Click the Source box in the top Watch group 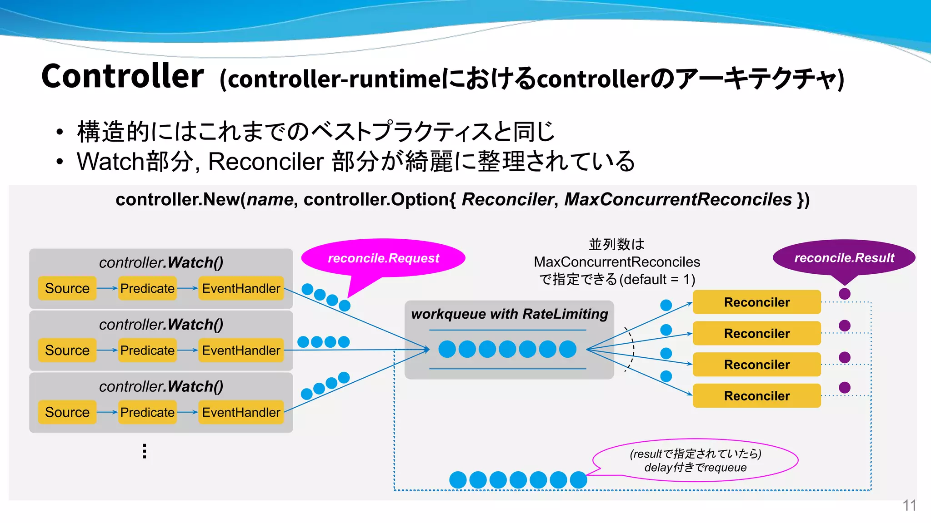pos(67,288)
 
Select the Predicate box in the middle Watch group pos(147,350)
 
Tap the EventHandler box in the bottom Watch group pos(241,412)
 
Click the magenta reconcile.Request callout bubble pos(383,258)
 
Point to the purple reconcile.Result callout pos(844,258)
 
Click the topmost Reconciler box pos(756,302)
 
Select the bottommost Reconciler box pos(756,396)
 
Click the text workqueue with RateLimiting pos(509,314)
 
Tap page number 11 pos(909,505)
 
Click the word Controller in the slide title pos(123,76)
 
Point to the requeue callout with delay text pos(695,460)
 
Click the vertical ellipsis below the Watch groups pos(145,451)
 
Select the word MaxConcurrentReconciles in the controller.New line pos(678,200)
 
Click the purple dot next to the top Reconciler pos(845,294)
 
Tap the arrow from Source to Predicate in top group pos(107,288)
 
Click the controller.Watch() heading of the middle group pos(161,325)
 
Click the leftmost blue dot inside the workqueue pos(447,349)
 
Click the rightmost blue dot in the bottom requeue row pos(578,480)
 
